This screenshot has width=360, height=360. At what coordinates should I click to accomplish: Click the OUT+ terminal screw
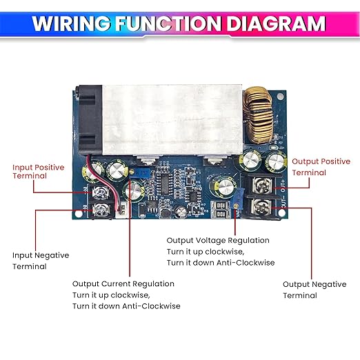pyautogui.click(x=262, y=185)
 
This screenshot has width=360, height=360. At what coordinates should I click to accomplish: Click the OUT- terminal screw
pyautogui.click(x=262, y=207)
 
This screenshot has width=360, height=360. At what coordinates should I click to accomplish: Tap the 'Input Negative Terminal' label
pyautogui.click(x=41, y=261)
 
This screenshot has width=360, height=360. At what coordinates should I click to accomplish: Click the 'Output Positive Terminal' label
pyautogui.click(x=320, y=166)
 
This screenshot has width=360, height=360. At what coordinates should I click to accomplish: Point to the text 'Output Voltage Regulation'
pyautogui.click(x=218, y=241)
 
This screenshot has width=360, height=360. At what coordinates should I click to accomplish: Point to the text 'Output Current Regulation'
pyautogui.click(x=123, y=283)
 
